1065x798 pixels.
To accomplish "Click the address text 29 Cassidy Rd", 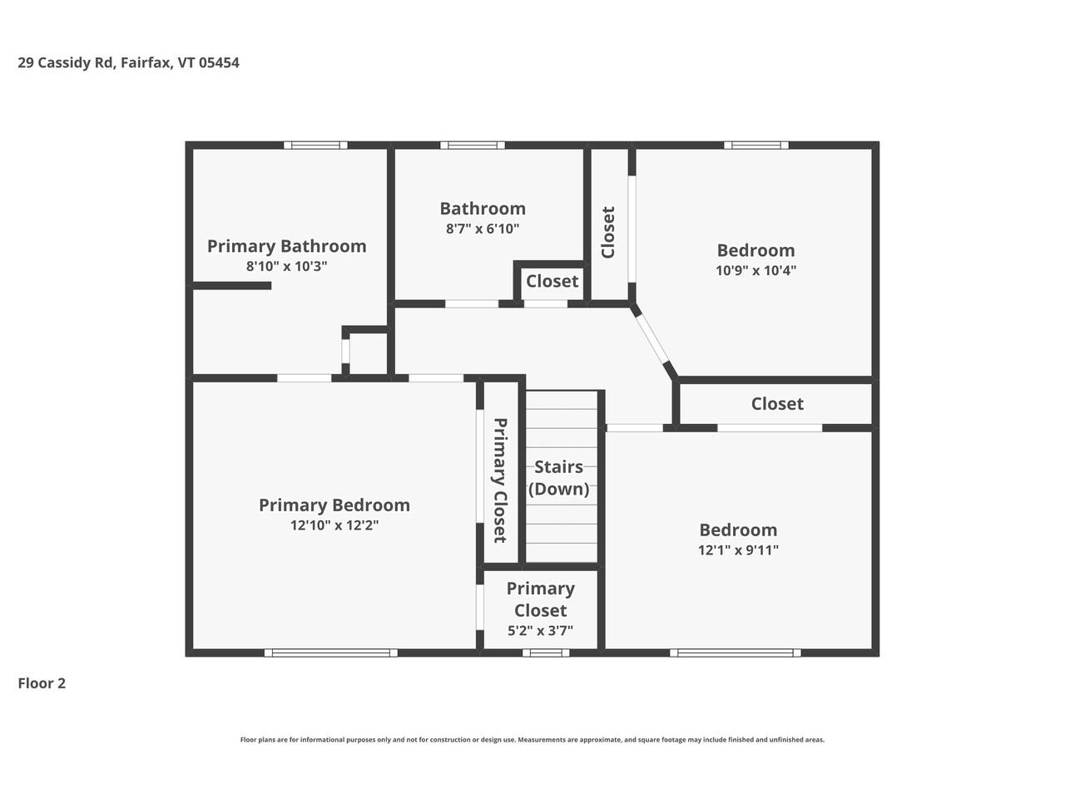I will point(67,62).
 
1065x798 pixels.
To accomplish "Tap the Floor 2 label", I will point(42,683).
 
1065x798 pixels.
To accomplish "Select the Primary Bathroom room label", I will point(286,246).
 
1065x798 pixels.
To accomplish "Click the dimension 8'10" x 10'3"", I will point(286,267).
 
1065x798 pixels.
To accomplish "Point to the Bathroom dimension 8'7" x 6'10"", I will point(483,229).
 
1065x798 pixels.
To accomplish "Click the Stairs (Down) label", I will point(558,478).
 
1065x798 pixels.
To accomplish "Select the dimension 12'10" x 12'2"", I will point(334,525).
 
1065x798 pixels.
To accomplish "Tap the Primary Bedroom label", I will point(334,505).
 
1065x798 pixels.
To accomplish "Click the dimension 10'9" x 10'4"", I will point(755,270).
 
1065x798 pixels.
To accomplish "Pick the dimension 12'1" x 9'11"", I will point(738,549).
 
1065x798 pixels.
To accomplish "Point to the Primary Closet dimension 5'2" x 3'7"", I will point(540,631).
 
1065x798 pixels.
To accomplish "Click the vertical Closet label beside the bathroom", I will point(608,233).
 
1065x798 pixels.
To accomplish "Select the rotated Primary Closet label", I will point(500,480).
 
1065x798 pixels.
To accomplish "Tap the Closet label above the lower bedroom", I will point(777,404).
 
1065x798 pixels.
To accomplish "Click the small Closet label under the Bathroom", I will point(552,281).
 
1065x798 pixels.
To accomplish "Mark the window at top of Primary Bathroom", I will point(315,145).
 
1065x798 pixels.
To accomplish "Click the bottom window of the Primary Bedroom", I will point(331,653).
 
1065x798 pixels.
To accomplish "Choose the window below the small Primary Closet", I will point(546,653).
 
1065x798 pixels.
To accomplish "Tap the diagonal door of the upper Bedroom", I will point(653,340).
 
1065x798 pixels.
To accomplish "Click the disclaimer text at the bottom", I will point(532,740).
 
